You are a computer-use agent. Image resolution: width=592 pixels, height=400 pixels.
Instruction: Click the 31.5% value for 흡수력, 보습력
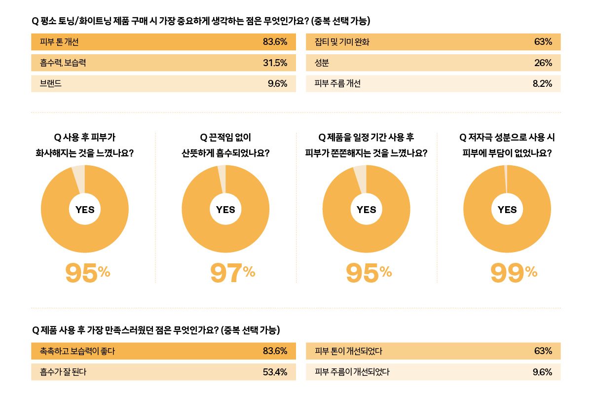275,63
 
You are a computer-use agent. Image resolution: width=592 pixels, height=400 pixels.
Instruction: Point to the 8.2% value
542,84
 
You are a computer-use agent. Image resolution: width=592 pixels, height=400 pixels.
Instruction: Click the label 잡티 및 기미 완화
342,42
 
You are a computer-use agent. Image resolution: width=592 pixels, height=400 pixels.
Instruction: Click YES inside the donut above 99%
507,209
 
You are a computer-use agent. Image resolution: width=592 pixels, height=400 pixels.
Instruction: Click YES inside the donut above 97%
225,209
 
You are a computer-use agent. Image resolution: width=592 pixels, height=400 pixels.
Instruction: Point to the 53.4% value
275,372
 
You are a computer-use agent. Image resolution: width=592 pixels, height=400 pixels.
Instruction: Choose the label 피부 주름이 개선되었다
352,372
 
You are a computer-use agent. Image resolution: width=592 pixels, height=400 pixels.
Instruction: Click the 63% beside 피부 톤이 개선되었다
543,351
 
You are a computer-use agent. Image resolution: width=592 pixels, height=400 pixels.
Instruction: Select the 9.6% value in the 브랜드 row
277,84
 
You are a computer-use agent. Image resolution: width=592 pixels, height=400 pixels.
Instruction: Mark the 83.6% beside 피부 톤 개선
275,42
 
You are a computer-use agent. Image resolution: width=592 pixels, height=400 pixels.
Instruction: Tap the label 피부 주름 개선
337,84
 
